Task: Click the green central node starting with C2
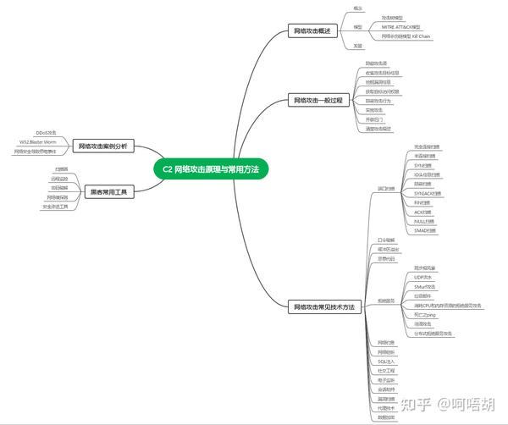211,168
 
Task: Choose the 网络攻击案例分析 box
102,146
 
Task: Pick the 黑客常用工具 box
109,191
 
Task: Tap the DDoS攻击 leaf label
46,133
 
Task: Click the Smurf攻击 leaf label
426,286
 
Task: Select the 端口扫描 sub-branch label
385,188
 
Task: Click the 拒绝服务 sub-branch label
385,301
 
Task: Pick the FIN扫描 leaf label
423,202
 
